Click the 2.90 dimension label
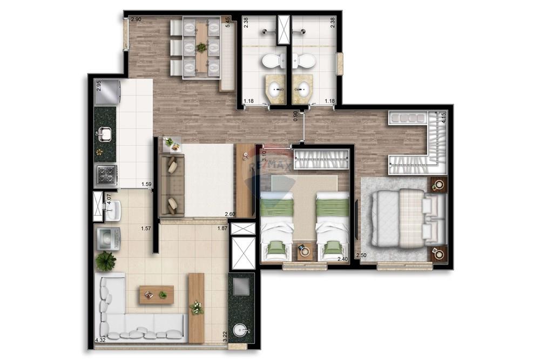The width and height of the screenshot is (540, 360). tap(136, 19)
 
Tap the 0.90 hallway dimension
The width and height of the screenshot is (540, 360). tap(295, 116)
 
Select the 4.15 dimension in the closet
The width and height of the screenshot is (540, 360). tap(443, 118)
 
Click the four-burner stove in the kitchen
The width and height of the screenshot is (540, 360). tap(106, 175)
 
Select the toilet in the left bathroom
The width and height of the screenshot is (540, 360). tap(274, 60)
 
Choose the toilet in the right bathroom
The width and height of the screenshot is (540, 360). tap(306, 60)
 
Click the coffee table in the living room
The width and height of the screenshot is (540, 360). tap(156, 294)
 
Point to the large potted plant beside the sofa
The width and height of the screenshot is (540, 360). tap(106, 262)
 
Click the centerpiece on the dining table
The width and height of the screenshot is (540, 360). tap(201, 47)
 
